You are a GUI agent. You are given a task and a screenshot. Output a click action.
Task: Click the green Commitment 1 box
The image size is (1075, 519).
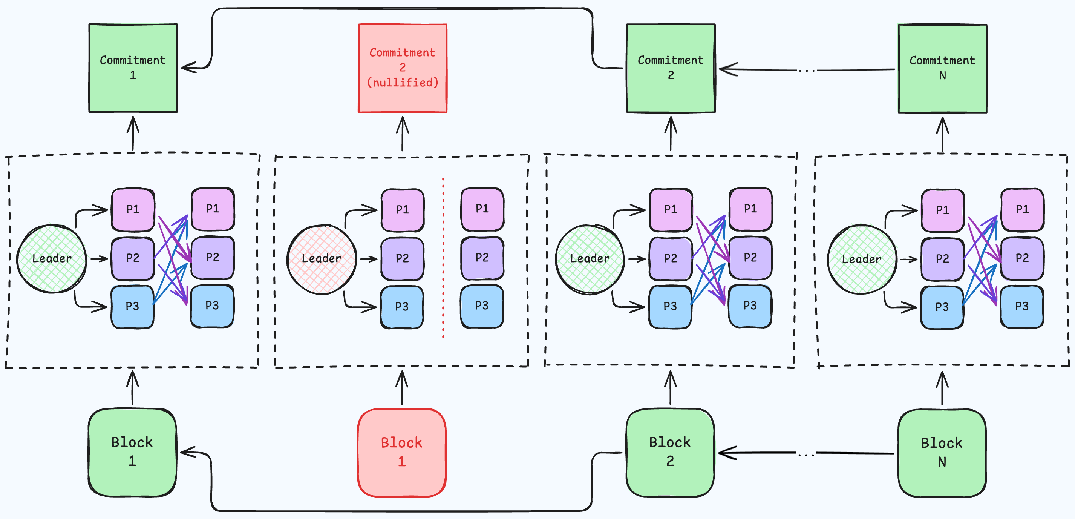[x=133, y=68]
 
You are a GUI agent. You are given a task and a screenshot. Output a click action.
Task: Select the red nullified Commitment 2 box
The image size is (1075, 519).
[x=402, y=68]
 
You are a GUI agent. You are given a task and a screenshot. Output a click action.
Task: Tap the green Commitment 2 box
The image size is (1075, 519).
[x=671, y=68]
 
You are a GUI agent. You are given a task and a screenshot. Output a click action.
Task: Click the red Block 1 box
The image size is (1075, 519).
[x=401, y=452]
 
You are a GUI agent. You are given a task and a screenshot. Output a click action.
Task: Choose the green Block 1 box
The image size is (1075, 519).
[x=132, y=452]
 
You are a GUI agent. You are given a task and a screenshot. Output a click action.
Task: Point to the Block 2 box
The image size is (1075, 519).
[x=670, y=452]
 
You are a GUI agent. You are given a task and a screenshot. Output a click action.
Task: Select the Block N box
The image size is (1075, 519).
[x=942, y=453]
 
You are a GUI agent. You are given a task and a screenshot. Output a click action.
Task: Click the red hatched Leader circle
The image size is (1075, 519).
[x=321, y=259]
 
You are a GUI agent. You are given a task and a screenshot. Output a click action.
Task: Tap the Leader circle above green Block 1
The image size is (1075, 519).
[x=52, y=259]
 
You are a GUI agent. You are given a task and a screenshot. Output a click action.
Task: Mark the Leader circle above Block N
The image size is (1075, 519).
[x=861, y=259]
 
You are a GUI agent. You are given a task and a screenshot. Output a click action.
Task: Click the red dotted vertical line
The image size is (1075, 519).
[x=443, y=259]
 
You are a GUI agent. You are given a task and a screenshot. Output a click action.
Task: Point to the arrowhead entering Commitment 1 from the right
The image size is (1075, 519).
[x=188, y=67]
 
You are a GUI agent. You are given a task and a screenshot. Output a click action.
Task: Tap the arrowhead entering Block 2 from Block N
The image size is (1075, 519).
[x=726, y=453]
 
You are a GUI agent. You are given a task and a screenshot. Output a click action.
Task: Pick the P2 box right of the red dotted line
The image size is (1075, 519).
[x=482, y=258]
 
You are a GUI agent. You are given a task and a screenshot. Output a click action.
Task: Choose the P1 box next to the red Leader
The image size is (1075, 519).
[x=402, y=210]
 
